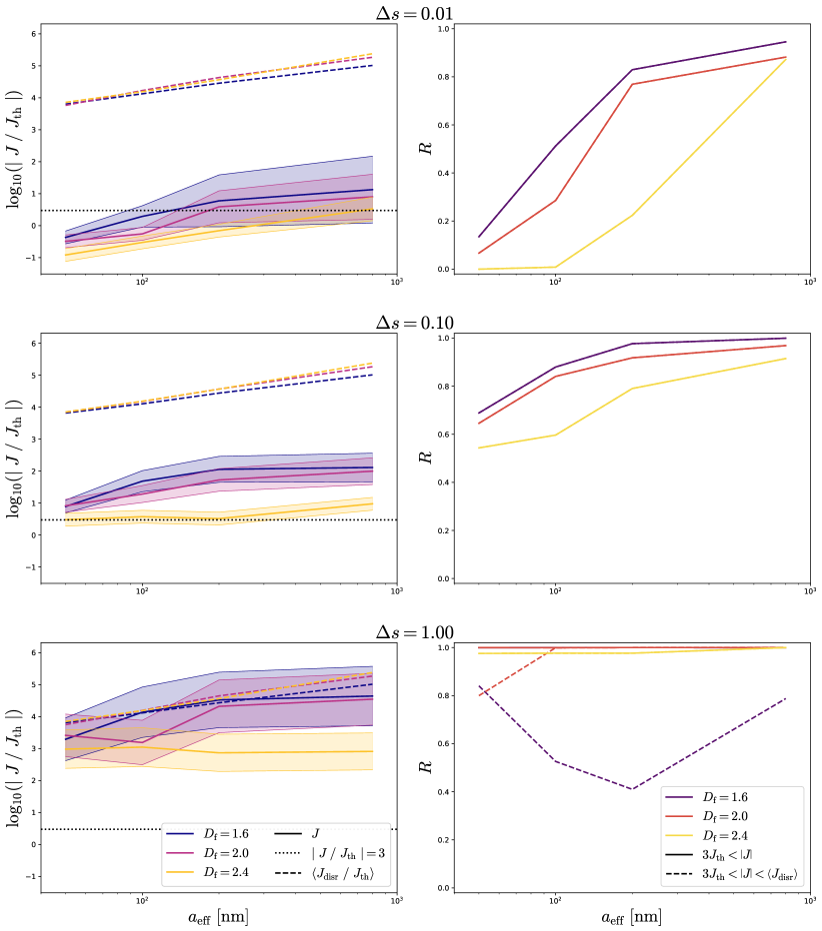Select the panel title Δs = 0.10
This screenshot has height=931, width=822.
[x=411, y=322]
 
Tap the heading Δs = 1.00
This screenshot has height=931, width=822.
[x=411, y=631]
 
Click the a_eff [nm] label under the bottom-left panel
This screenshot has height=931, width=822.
[x=218, y=914]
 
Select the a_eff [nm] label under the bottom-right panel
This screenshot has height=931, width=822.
[x=629, y=914]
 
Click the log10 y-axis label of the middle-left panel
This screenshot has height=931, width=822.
[x=17, y=457]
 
